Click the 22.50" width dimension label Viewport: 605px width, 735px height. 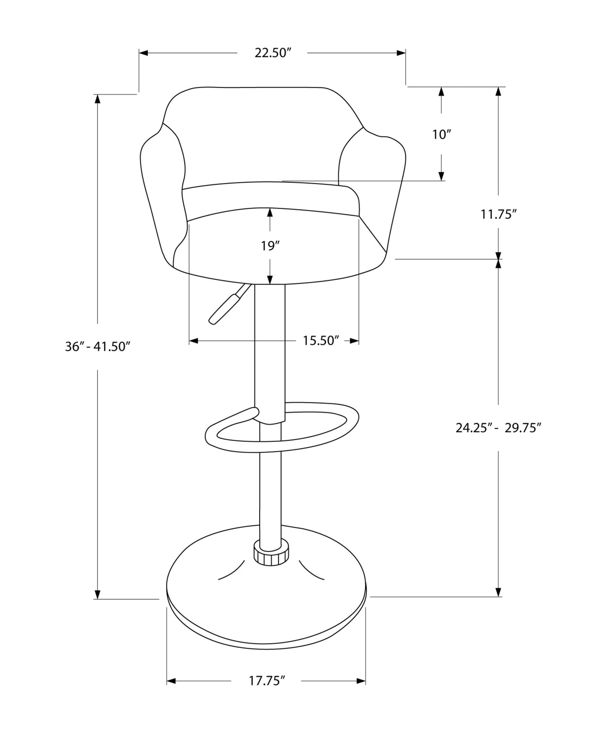[273, 53]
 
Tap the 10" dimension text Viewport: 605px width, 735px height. [441, 135]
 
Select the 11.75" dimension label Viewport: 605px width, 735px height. [498, 215]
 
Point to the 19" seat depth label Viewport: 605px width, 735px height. [270, 246]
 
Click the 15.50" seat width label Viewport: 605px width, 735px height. [321, 341]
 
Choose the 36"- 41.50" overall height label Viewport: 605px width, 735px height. [98, 347]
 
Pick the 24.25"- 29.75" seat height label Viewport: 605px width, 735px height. [499, 428]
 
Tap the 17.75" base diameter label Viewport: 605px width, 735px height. [267, 681]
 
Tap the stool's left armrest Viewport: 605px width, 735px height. [161, 189]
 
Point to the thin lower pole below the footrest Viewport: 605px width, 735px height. [270, 494]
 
